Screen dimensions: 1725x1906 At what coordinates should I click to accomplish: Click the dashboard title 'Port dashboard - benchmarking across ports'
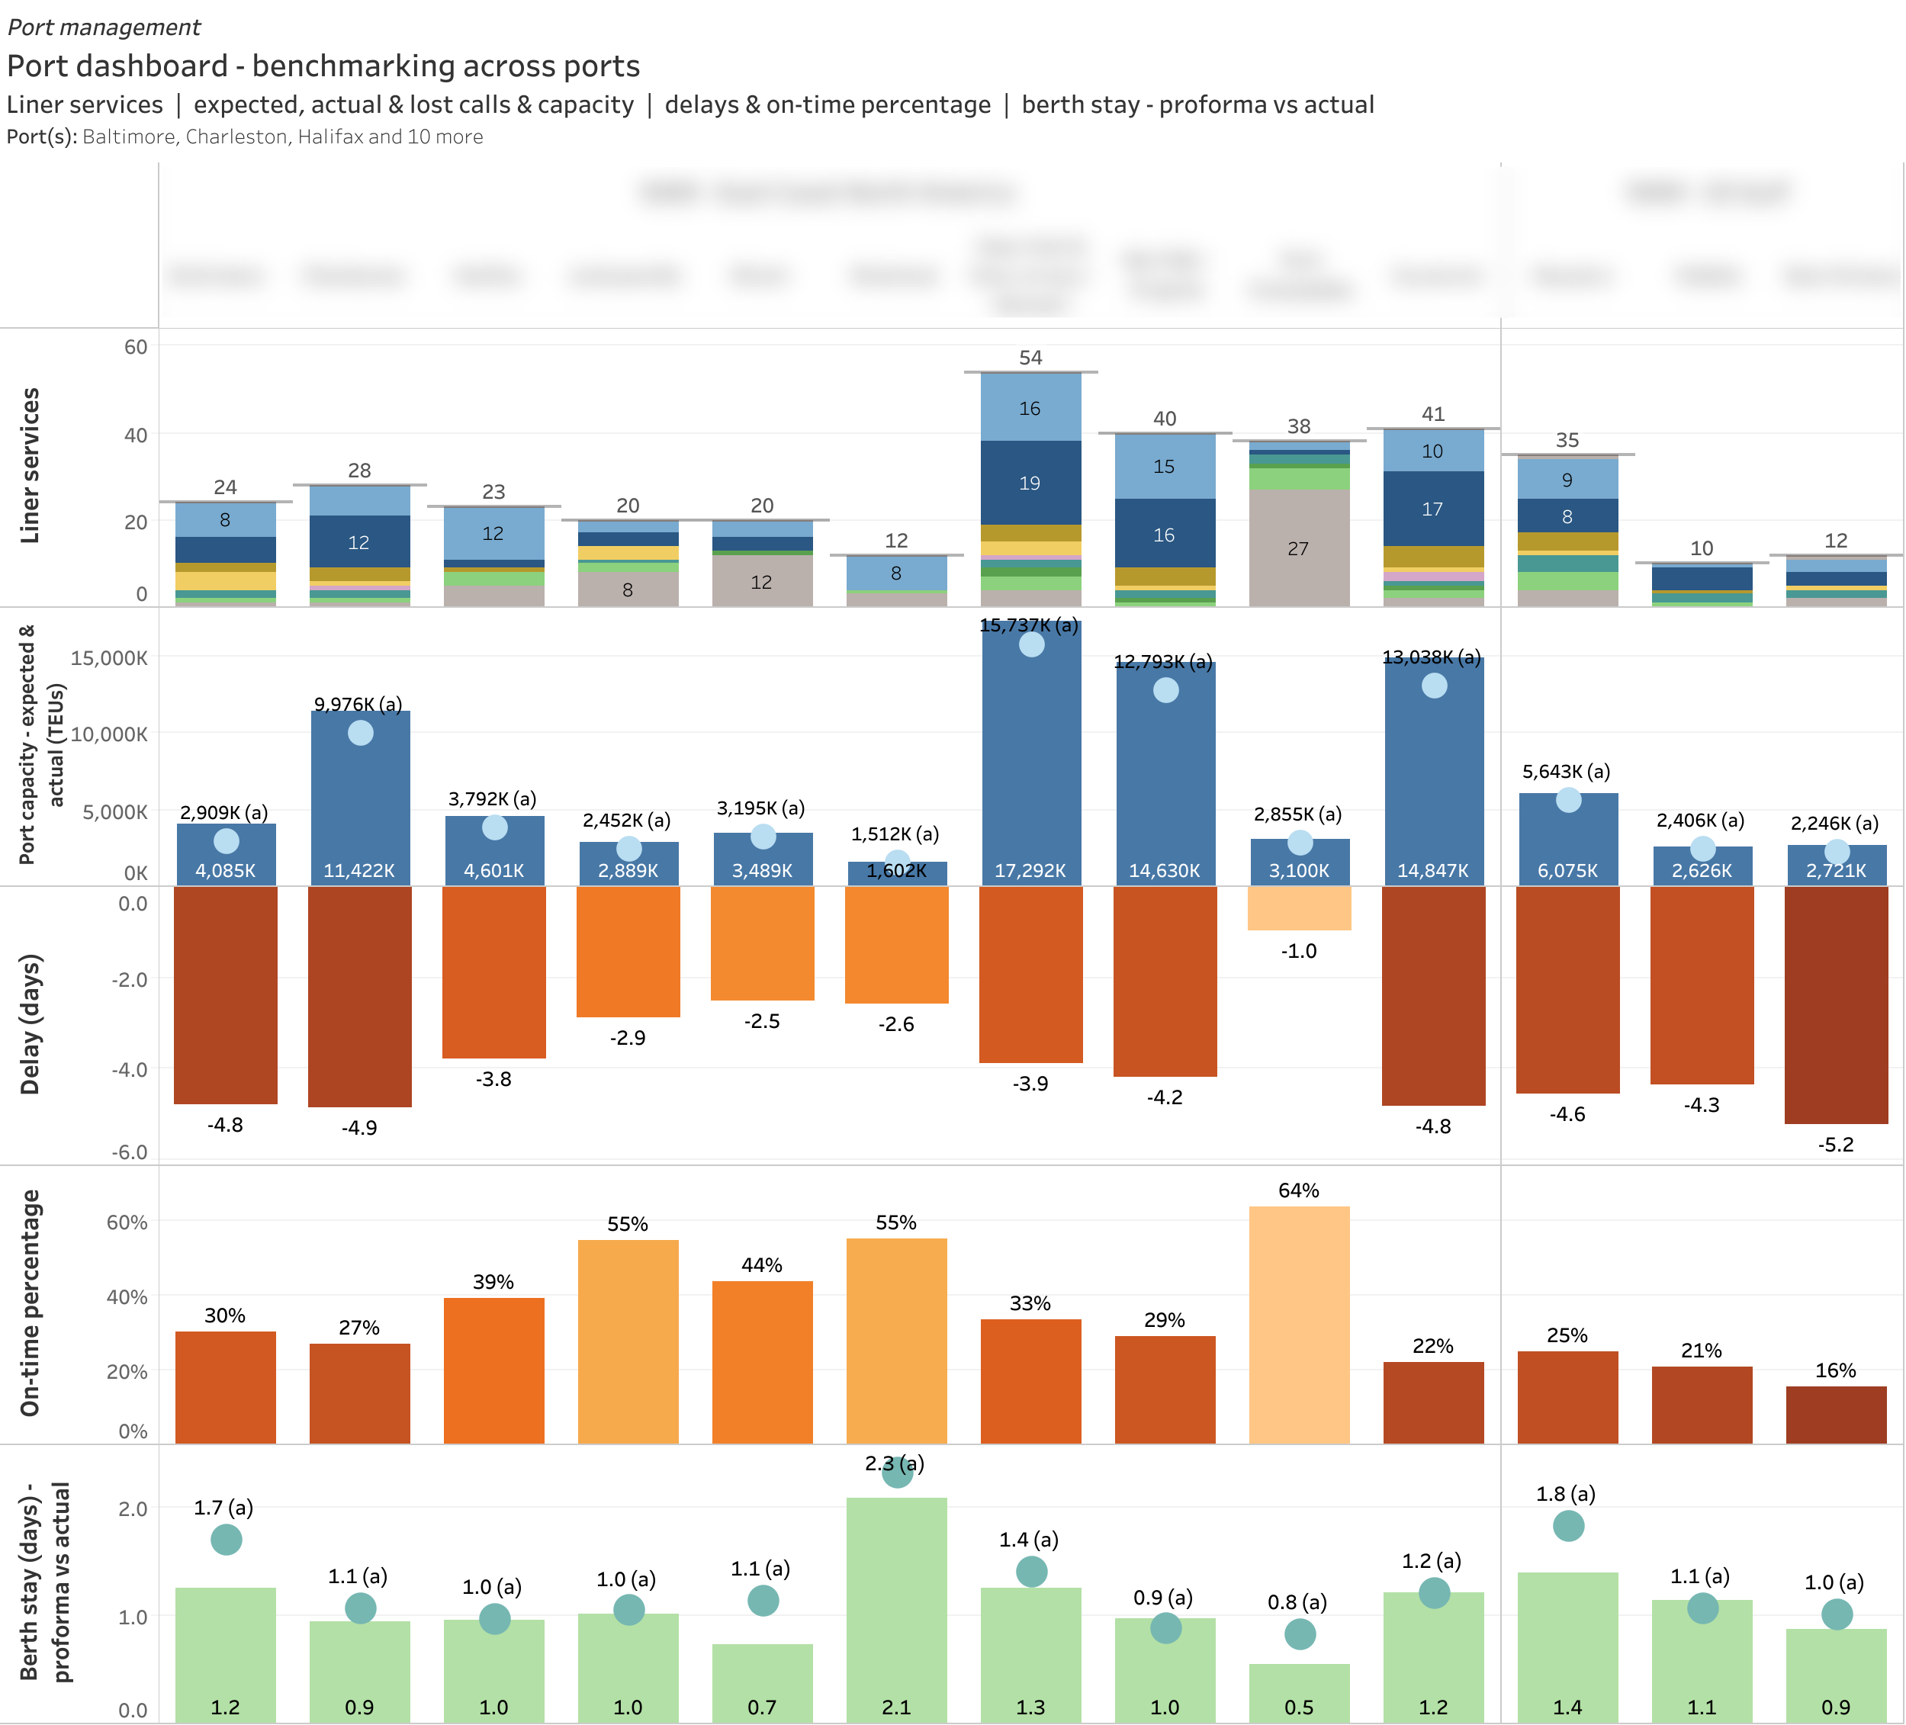click(323, 66)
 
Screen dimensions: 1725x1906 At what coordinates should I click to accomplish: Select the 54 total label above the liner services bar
click(1030, 358)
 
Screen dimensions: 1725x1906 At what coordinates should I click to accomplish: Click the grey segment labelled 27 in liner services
click(1298, 548)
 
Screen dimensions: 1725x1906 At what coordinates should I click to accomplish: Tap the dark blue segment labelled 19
click(1030, 483)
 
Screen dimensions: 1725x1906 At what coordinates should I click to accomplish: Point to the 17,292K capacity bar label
click(1030, 871)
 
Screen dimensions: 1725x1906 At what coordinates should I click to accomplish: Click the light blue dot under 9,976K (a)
click(360, 733)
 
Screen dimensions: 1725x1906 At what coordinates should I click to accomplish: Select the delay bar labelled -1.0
click(1298, 908)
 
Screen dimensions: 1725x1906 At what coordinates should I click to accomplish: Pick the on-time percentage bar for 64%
click(1298, 1323)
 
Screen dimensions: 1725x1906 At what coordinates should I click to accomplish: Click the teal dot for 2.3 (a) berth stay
click(897, 1472)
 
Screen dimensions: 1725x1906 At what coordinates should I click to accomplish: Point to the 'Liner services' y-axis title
click(31, 465)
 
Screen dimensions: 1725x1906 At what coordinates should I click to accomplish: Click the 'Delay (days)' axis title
click(31, 1025)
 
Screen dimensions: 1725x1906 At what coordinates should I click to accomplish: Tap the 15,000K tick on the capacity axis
click(109, 658)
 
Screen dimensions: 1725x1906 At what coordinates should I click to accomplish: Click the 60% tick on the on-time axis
click(127, 1222)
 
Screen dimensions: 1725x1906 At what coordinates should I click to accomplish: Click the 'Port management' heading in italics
click(104, 27)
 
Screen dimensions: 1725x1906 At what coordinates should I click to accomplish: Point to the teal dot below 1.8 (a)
click(1567, 1525)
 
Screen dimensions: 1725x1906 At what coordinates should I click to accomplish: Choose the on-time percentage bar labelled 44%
click(762, 1361)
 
